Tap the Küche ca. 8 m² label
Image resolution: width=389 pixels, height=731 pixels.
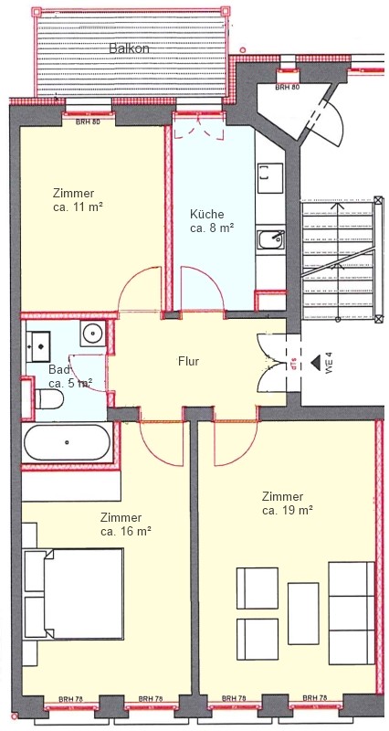pyautogui.click(x=212, y=221)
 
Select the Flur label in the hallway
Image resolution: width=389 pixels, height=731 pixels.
pyautogui.click(x=188, y=361)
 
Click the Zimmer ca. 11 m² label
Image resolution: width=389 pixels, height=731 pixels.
pyautogui.click(x=78, y=200)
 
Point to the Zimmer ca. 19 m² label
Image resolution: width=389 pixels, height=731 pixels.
pyautogui.click(x=287, y=503)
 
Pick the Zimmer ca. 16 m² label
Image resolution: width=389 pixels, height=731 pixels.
pyautogui.click(x=126, y=524)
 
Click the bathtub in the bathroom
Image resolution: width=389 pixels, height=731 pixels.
pyautogui.click(x=67, y=442)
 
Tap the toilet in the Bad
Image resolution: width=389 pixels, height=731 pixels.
pyautogui.click(x=49, y=399)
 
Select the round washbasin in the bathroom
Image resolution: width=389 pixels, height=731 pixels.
pyautogui.click(x=94, y=334)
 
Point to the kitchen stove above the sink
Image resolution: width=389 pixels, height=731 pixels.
pyautogui.click(x=270, y=177)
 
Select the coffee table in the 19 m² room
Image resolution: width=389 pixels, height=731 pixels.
pyautogui.click(x=303, y=613)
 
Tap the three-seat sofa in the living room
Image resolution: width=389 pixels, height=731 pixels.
pyautogui.click(x=352, y=613)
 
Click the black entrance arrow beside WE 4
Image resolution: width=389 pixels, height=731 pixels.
pyautogui.click(x=316, y=361)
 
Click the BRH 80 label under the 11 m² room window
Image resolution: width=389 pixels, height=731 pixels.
pyautogui.click(x=89, y=122)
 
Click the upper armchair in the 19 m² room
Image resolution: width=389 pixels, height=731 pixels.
pyautogui.click(x=258, y=588)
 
